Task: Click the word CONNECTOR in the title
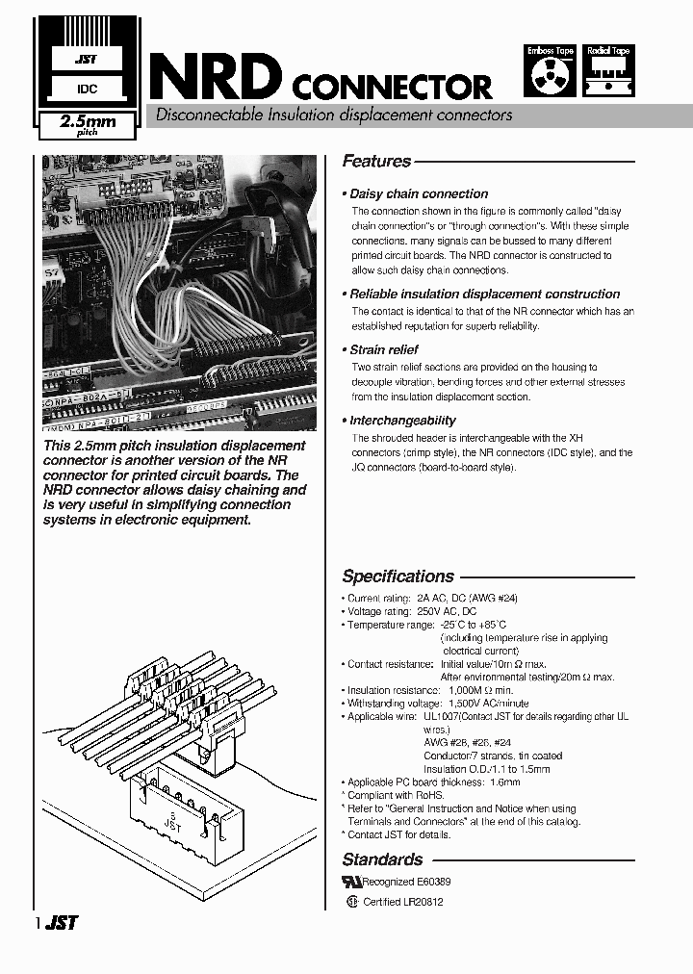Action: (x=391, y=88)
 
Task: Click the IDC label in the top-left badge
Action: (x=85, y=89)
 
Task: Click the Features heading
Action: (x=376, y=162)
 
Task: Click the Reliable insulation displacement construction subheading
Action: (x=484, y=294)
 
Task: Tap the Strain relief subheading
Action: (x=383, y=349)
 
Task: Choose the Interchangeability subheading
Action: (x=402, y=421)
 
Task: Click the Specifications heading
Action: (x=398, y=577)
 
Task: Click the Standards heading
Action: (x=382, y=859)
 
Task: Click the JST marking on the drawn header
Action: (x=172, y=820)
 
